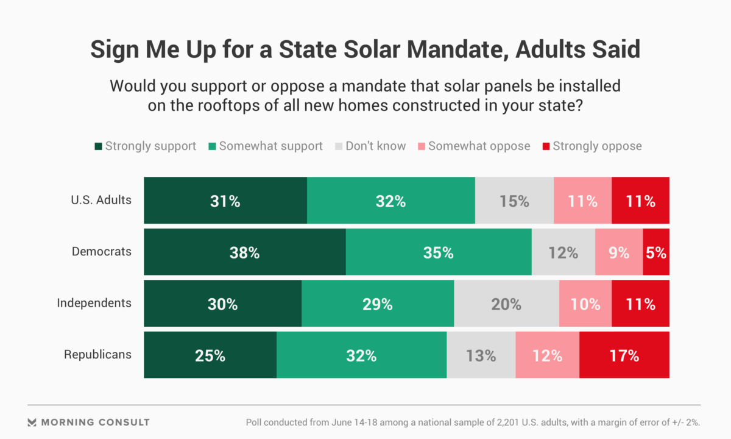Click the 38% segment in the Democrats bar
coord(245,252)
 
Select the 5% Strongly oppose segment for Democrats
coord(656,252)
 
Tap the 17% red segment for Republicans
coord(624,355)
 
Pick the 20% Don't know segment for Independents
coord(506,304)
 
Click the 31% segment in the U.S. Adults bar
coord(225,200)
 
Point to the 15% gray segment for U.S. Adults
coord(514,200)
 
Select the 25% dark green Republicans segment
coord(210,355)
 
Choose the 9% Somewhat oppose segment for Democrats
coord(619,252)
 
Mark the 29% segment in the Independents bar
coord(378,304)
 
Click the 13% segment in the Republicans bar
coord(481,355)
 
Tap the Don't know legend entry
coord(370,146)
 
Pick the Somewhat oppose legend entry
coord(473,146)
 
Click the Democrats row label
coord(101,251)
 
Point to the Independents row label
coord(94,303)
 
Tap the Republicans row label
coord(97,354)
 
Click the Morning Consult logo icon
coord(33,422)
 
